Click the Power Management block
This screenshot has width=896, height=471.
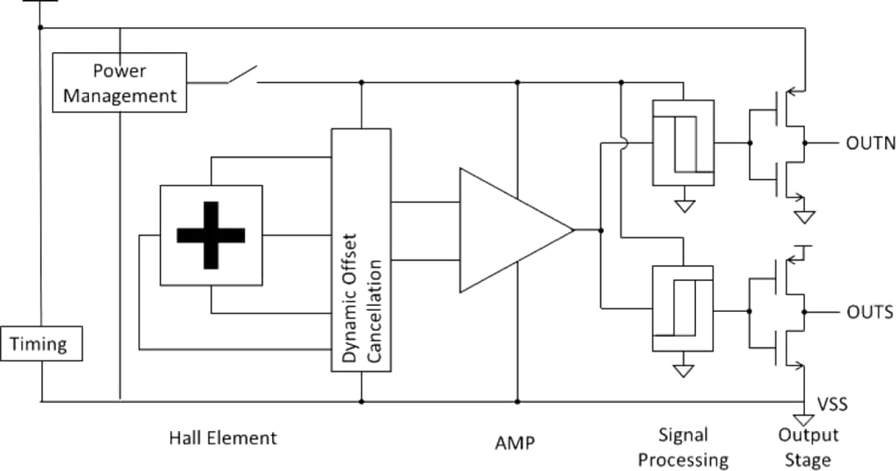[119, 83]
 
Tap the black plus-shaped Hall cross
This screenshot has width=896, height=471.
[211, 235]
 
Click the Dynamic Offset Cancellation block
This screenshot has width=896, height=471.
[361, 250]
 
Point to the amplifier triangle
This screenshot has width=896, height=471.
[506, 231]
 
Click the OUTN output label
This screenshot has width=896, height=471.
[870, 143]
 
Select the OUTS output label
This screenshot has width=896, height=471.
[869, 313]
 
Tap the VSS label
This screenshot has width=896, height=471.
[833, 405]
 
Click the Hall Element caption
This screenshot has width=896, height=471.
[222, 438]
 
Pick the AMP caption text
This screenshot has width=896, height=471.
[514, 444]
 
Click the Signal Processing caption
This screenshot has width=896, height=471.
[683, 447]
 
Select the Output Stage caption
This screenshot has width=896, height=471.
[808, 447]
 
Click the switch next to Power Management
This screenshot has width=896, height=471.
[241, 76]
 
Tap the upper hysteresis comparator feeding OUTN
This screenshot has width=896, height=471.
[683, 143]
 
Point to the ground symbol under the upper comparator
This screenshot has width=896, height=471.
[684, 205]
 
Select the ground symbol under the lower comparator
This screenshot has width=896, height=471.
[683, 371]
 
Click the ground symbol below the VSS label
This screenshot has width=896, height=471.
[803, 420]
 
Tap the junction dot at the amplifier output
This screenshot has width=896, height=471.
[600, 231]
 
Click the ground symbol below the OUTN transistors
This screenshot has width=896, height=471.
[804, 217]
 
